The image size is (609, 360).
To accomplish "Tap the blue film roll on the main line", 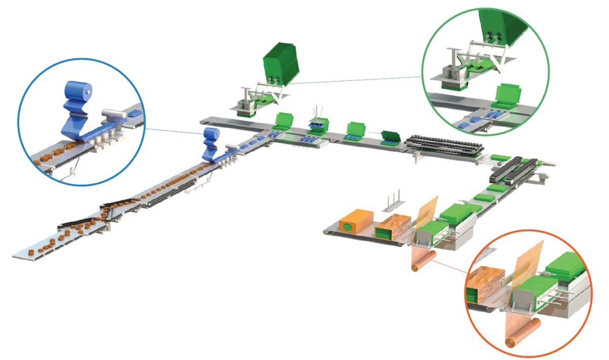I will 210,136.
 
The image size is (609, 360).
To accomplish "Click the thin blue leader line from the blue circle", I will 173,131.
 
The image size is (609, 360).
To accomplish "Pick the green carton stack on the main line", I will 281,64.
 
